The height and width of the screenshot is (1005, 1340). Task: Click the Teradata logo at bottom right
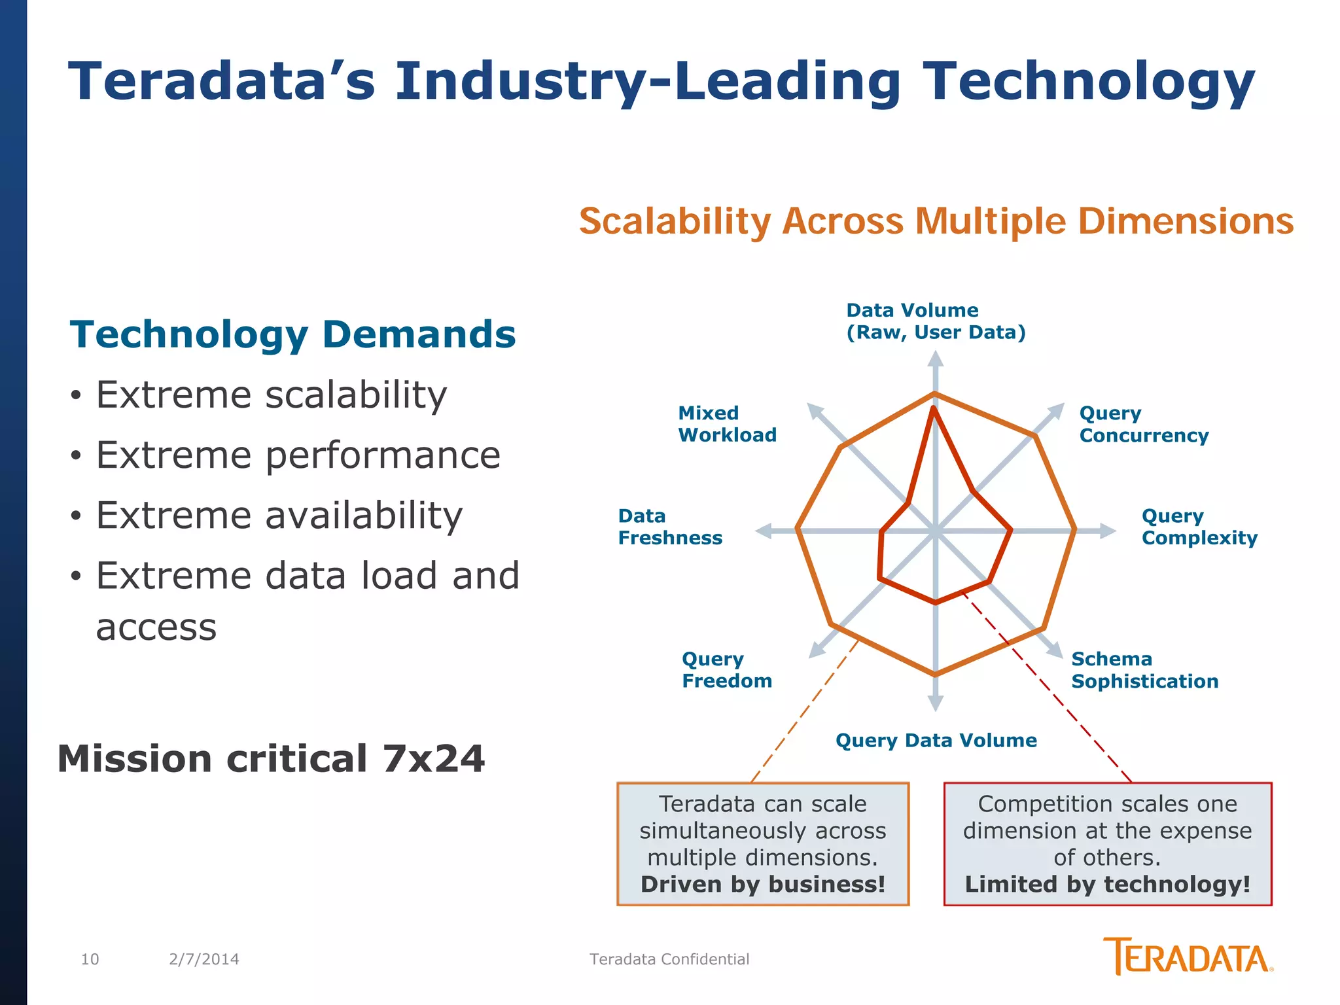point(1187,957)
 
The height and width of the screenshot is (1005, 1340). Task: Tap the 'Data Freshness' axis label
point(670,527)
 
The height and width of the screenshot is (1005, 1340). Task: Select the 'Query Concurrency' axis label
point(1143,424)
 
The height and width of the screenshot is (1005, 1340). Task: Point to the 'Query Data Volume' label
point(936,740)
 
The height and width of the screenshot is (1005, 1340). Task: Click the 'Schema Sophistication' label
point(1144,670)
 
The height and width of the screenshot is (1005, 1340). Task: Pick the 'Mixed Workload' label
point(727,423)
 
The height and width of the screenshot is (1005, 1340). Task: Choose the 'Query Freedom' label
point(726,669)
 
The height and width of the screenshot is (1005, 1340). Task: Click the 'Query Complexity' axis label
point(1199,527)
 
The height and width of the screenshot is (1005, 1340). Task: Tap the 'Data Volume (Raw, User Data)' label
point(936,321)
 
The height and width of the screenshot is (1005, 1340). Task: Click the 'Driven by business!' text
point(763,884)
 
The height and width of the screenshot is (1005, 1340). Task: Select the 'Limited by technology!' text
point(1107,884)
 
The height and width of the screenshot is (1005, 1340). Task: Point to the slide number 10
point(90,959)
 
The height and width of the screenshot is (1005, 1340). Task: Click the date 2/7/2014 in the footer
point(203,959)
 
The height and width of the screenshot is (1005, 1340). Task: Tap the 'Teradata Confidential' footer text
point(669,959)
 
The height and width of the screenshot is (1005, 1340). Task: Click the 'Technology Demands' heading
point(292,334)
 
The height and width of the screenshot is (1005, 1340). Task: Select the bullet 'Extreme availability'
point(279,515)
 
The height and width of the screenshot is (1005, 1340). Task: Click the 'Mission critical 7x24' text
point(271,758)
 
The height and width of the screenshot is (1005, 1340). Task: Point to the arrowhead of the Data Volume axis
point(936,359)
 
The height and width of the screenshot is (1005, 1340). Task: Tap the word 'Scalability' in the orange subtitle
point(675,221)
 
